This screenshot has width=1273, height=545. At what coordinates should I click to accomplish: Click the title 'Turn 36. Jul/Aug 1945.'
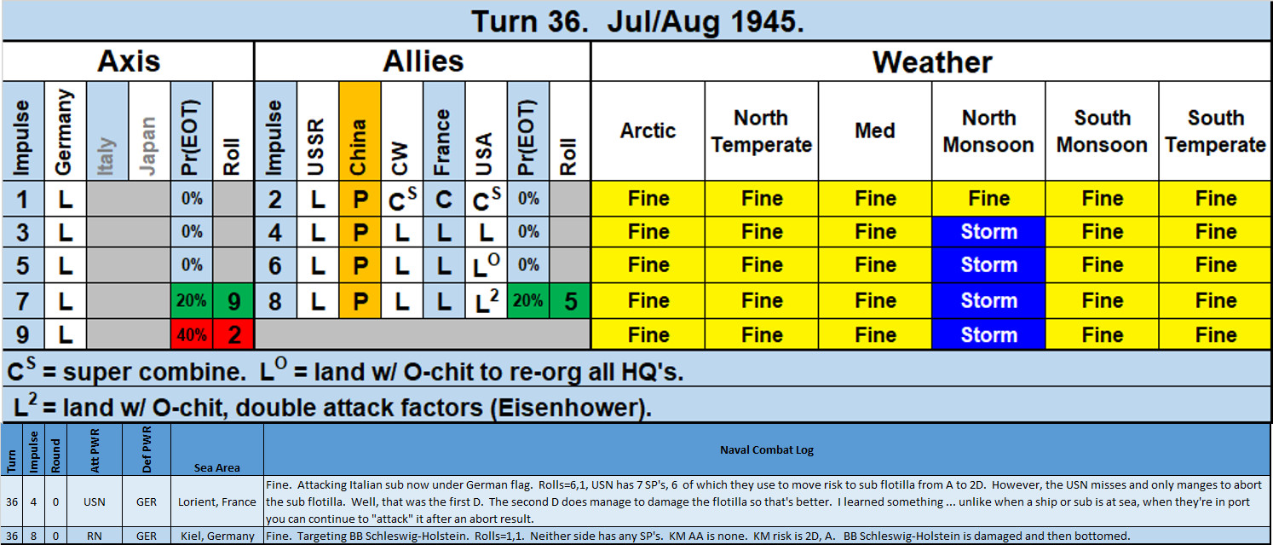637,21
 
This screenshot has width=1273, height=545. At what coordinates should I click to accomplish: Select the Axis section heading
129,61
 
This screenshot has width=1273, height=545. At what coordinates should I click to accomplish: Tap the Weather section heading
932,62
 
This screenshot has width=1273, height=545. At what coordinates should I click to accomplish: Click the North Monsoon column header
988,130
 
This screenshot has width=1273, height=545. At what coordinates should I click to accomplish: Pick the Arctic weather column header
648,130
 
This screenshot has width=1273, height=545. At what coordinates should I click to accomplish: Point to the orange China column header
360,130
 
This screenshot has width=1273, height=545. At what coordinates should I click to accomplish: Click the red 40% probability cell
192,334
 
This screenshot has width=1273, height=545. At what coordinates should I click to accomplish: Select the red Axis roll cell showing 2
233,334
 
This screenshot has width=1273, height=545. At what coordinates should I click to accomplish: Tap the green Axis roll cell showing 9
233,300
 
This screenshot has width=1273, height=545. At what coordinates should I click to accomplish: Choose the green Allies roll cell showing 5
570,300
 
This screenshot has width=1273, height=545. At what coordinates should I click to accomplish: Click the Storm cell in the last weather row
988,334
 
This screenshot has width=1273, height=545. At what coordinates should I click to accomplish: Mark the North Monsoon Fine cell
988,199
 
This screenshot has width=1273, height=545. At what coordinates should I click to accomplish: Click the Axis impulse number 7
23,300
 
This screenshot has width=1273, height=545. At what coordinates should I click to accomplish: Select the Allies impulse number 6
275,265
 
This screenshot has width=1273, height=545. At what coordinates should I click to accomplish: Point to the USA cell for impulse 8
486,300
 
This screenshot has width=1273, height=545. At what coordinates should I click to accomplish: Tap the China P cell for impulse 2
360,199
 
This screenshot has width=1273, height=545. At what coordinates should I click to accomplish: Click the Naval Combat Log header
767,450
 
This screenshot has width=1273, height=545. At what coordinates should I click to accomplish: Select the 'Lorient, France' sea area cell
217,502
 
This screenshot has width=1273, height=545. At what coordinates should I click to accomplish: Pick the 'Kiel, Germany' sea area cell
217,536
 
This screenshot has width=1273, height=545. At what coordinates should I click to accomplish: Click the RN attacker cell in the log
95,536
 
